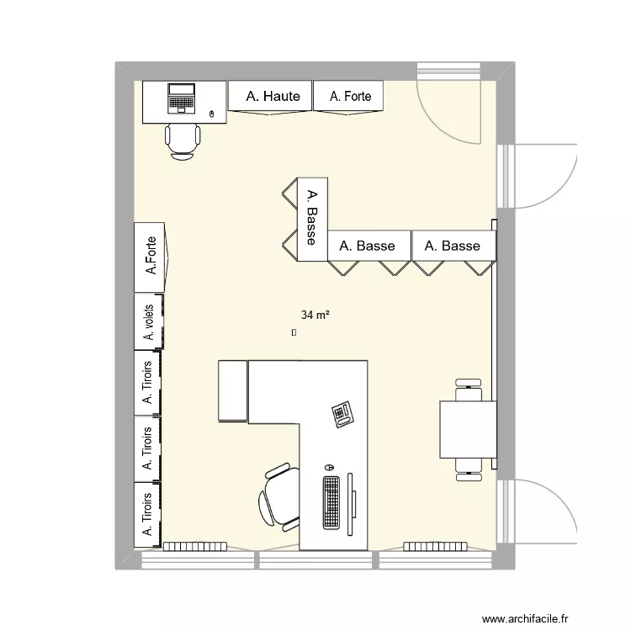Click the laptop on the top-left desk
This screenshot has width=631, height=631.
click(x=181, y=98)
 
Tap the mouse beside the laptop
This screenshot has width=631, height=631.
click(x=211, y=113)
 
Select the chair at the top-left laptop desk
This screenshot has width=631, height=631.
click(x=183, y=140)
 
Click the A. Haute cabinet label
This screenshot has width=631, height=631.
click(x=273, y=97)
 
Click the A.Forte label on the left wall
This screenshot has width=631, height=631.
click(x=151, y=256)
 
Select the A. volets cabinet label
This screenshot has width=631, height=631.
click(x=149, y=322)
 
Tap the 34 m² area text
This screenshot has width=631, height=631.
click(x=315, y=315)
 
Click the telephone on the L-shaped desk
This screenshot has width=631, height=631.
click(x=343, y=414)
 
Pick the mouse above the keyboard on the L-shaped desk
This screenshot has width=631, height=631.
click(x=329, y=467)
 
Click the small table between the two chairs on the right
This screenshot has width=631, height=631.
click(x=468, y=429)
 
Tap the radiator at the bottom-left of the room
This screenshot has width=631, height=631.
click(x=194, y=546)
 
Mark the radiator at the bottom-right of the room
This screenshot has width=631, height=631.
click(x=435, y=546)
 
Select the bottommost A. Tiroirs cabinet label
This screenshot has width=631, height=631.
click(x=147, y=515)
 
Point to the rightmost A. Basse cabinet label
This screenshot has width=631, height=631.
click(x=453, y=246)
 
